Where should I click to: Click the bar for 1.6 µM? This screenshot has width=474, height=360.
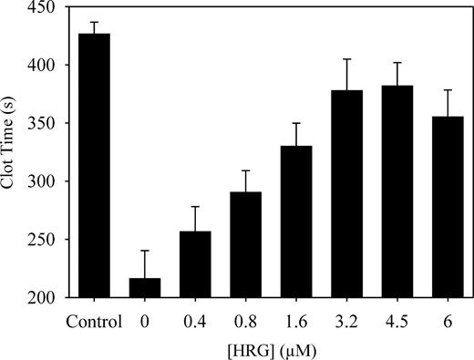point(298,221)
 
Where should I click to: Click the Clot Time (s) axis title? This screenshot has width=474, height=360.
point(11,152)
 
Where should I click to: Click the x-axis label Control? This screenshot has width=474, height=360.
point(94,319)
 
